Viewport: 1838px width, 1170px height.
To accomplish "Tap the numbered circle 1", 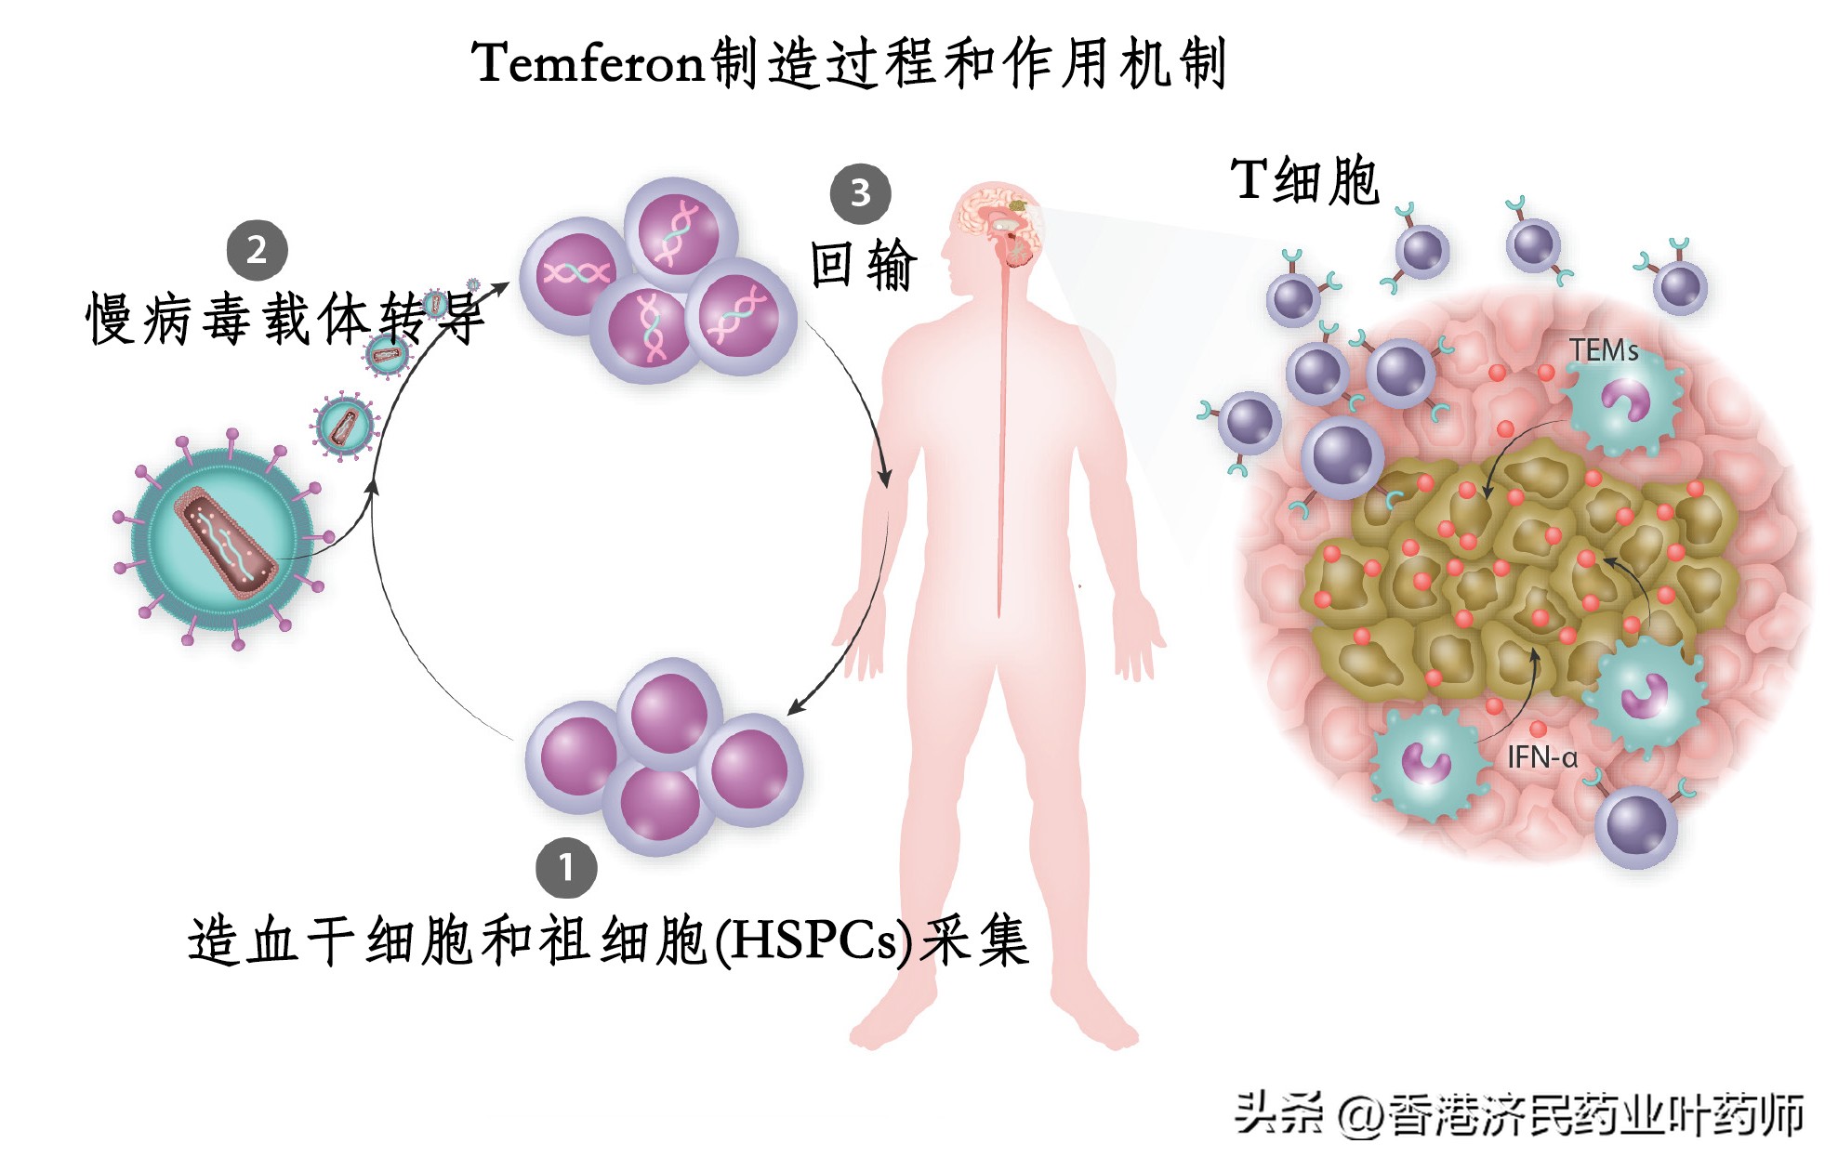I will (566, 868).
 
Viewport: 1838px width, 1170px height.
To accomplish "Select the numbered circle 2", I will (257, 249).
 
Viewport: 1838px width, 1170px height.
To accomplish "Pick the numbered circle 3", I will (860, 193).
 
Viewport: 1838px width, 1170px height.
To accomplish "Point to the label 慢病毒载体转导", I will (284, 319).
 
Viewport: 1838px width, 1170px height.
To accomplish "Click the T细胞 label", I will (1305, 180).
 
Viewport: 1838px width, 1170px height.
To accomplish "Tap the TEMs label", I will (1604, 350).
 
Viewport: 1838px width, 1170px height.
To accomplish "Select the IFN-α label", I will (1542, 757).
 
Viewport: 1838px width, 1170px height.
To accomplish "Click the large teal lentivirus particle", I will (223, 539).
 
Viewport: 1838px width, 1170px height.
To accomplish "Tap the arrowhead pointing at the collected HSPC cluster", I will (795, 709).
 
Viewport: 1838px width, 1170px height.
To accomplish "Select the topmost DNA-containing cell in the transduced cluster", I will (681, 232).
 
